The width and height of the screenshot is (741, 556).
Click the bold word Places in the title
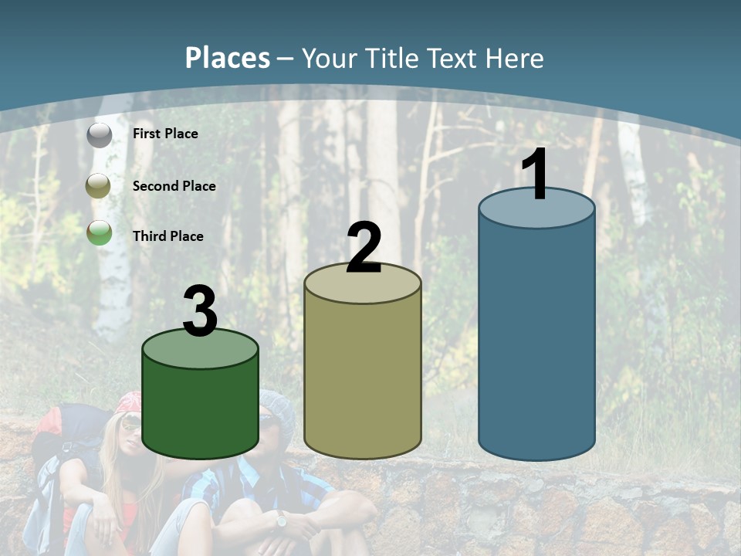(x=228, y=58)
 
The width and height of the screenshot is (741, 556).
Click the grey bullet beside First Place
(x=100, y=134)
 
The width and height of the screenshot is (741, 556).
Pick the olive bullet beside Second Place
(x=100, y=185)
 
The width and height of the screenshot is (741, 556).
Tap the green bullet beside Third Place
(x=100, y=232)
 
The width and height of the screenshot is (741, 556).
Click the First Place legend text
(x=165, y=134)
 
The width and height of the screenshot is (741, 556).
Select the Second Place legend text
(x=174, y=186)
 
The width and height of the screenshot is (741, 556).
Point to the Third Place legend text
(x=167, y=236)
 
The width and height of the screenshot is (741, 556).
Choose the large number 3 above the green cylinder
(x=201, y=311)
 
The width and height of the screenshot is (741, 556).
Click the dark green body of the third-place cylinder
(x=201, y=409)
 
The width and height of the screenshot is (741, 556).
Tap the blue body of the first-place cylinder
(x=536, y=340)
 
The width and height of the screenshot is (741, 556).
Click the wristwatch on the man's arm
(x=281, y=520)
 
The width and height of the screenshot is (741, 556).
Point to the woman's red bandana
(x=130, y=402)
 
